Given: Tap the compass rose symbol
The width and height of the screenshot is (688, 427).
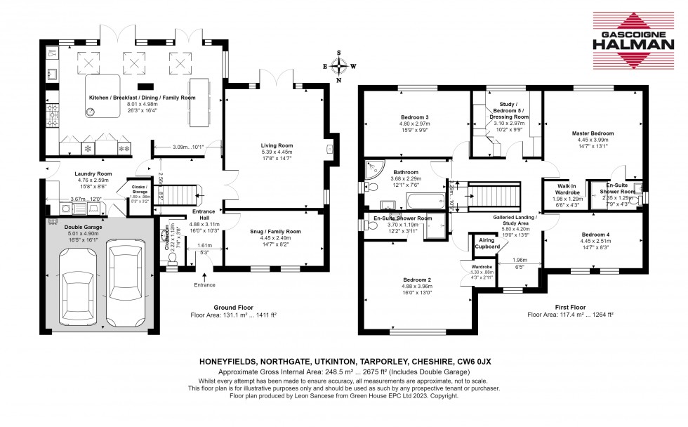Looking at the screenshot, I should pyautogui.click(x=340, y=66).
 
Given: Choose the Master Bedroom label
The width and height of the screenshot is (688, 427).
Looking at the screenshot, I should pyautogui.click(x=592, y=133).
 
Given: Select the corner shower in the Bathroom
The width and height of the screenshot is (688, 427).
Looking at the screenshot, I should pyautogui.click(x=373, y=170).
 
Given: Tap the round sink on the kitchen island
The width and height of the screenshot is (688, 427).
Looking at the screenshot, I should pyautogui.click(x=92, y=111).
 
